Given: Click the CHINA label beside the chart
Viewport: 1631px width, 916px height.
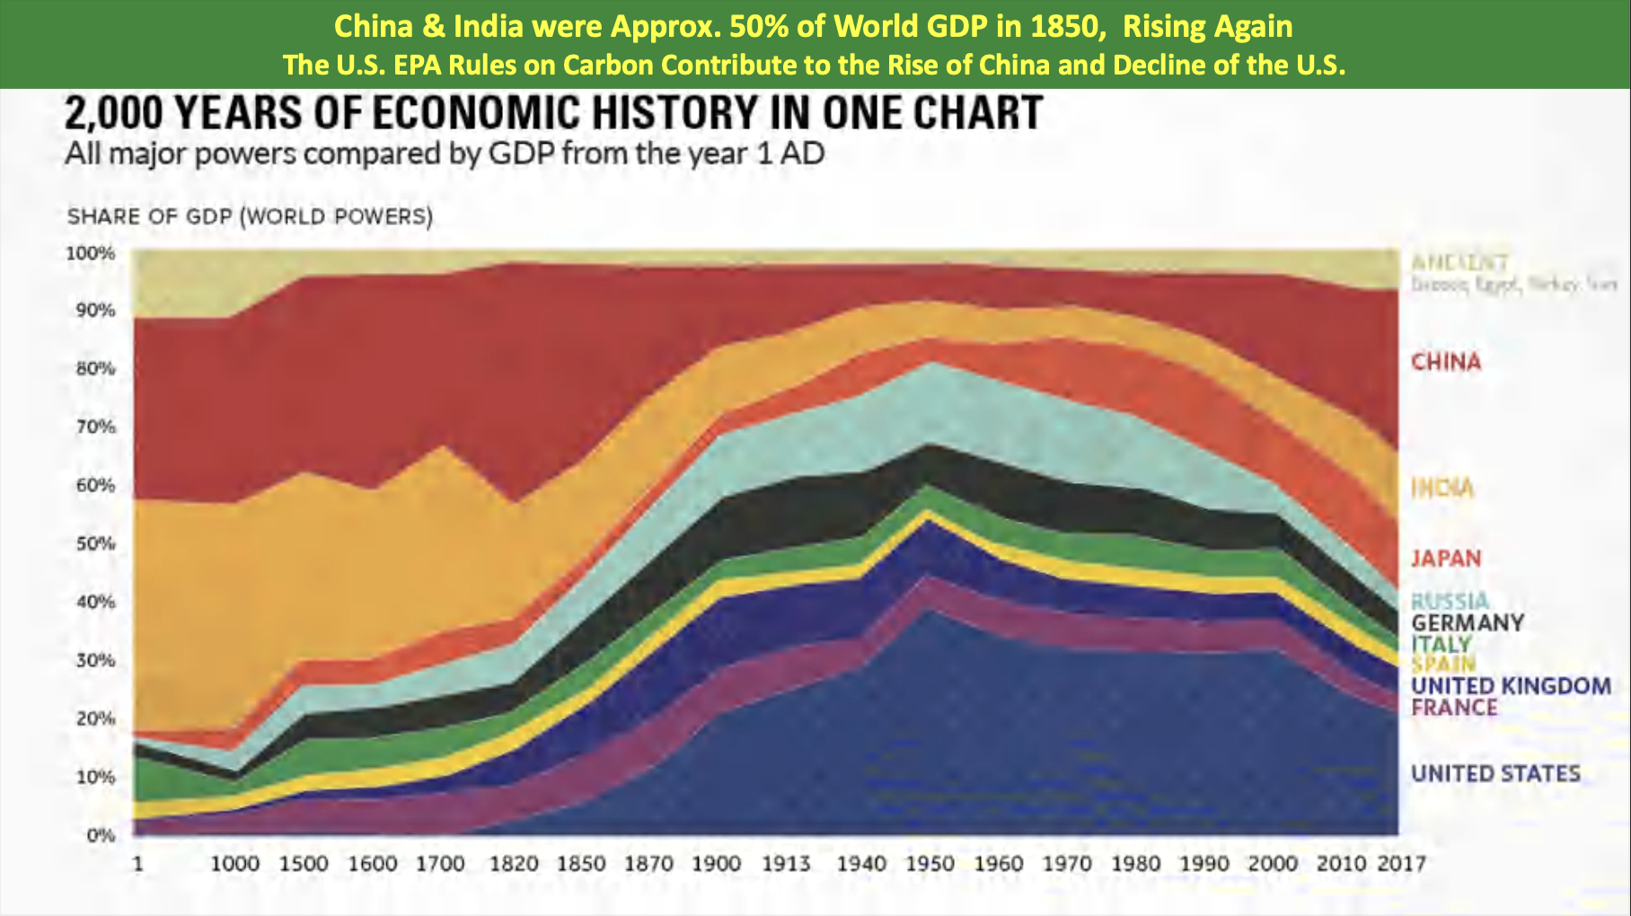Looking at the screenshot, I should click(x=1445, y=362).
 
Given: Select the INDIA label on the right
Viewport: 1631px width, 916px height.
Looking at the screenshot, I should click(x=1442, y=489).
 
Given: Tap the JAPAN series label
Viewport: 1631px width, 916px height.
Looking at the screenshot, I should click(x=1445, y=559).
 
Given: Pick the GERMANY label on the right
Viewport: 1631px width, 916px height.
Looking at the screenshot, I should click(x=1467, y=622).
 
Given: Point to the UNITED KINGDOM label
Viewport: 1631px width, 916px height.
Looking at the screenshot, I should click(x=1511, y=686).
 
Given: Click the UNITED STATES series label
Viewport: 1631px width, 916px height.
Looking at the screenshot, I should click(x=1495, y=773).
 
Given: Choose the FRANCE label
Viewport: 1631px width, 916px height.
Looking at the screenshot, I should click(x=1454, y=708).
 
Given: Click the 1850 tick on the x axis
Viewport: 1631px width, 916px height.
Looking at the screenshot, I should click(x=581, y=864).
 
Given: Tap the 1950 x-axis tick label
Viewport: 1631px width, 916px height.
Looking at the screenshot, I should click(x=930, y=864).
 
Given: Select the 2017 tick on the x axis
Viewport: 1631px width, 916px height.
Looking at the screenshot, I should click(x=1401, y=864).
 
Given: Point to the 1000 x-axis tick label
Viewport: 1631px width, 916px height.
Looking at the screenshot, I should click(x=234, y=864).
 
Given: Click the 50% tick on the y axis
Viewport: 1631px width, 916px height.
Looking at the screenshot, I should click(x=94, y=543).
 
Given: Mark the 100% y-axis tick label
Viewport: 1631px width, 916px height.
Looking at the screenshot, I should click(x=91, y=253).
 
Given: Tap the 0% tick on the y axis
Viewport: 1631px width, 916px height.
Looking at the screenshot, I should click(x=101, y=835).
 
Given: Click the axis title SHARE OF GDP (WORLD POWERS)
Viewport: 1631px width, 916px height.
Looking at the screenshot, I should click(x=250, y=217).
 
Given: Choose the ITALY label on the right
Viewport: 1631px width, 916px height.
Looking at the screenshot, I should click(x=1441, y=644).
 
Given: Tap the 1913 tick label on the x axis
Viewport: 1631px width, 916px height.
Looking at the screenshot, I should click(x=786, y=864).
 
